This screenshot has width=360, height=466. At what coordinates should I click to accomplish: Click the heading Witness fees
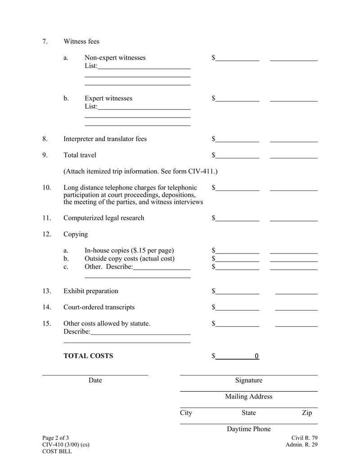[81, 41]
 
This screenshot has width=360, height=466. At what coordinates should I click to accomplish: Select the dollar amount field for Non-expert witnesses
[237, 58]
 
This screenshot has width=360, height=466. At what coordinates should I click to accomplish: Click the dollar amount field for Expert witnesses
[237, 98]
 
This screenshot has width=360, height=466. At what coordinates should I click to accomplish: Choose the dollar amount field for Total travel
[237, 155]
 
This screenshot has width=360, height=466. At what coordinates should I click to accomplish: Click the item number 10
[46, 187]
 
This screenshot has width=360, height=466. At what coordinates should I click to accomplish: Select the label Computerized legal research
[104, 218]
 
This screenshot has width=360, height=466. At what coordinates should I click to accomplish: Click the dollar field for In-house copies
[237, 250]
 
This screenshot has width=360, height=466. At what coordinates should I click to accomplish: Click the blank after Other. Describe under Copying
[162, 267]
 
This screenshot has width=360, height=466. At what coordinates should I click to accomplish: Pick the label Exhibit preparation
[91, 291]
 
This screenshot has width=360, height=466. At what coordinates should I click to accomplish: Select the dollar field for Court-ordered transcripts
[237, 307]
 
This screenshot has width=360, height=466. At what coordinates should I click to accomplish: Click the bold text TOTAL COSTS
[88, 356]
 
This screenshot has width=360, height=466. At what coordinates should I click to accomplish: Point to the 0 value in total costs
[256, 356]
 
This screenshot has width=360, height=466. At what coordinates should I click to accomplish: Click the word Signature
[248, 380]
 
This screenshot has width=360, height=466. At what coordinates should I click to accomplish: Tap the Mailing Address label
[248, 397]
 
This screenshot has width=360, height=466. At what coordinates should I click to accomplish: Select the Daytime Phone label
[248, 429]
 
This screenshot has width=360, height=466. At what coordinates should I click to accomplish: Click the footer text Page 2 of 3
[56, 438]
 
